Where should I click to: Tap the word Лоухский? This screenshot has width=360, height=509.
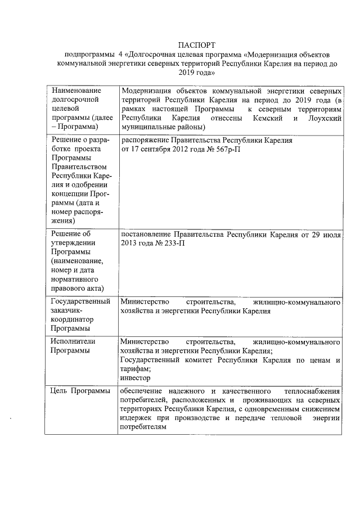click(325, 119)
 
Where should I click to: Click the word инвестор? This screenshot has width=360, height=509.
click(135, 378)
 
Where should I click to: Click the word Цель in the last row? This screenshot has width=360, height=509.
click(60, 391)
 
